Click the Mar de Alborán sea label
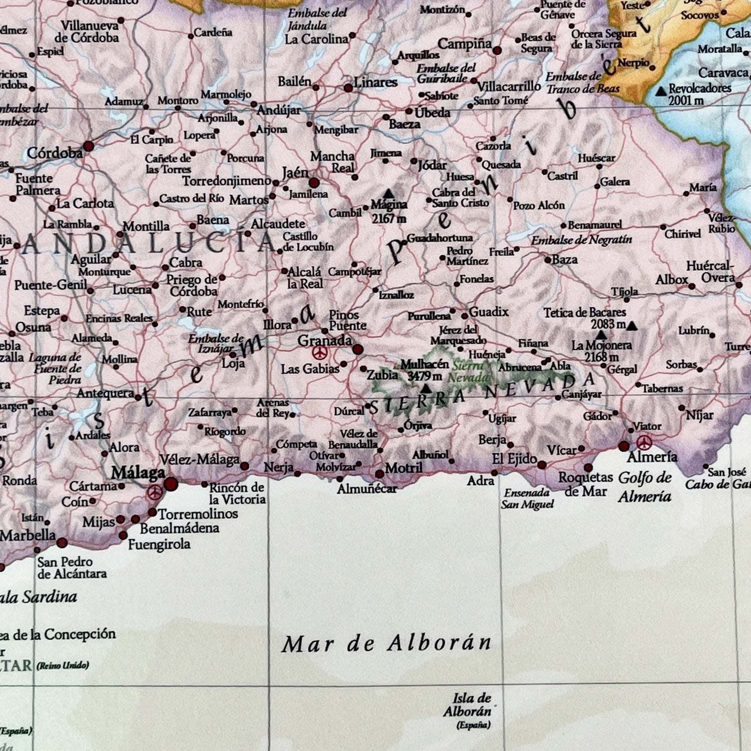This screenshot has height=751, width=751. [x=387, y=643]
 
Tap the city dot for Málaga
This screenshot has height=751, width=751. [x=171, y=484]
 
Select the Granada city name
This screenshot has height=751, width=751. [x=324, y=340]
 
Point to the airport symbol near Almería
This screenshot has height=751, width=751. [x=644, y=442]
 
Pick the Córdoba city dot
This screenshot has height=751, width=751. [x=89, y=146]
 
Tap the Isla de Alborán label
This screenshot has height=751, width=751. [x=468, y=705]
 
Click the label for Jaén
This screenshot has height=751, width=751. [x=295, y=173]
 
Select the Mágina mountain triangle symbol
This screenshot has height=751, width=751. [x=389, y=193]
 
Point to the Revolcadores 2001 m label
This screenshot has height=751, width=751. [x=699, y=94]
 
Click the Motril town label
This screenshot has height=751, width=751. [x=404, y=468]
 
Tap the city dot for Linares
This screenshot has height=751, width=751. [x=348, y=88]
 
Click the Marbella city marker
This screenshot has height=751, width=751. [x=62, y=542]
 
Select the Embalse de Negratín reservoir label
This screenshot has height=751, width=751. [x=581, y=240]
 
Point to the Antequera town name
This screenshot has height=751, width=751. [x=105, y=394]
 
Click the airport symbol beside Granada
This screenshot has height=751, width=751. [x=319, y=353]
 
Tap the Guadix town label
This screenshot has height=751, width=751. [x=488, y=312]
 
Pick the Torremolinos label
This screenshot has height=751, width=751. [x=198, y=514]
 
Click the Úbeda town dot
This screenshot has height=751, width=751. [x=409, y=112]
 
